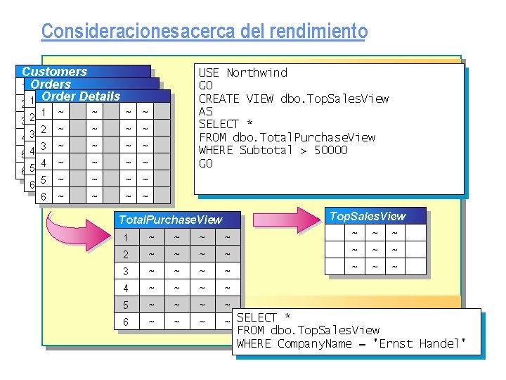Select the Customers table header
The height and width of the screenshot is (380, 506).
55,72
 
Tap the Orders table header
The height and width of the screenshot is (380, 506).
51,84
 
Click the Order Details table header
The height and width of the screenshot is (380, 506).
81,96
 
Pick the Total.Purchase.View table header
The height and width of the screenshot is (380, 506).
170,220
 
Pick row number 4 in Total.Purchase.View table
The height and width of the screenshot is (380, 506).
126,288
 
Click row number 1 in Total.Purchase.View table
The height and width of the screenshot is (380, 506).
126,238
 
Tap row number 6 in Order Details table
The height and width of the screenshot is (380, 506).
44,196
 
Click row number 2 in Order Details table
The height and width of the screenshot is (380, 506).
44,129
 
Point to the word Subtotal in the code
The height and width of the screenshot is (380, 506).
260,150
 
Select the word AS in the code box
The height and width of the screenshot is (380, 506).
206,111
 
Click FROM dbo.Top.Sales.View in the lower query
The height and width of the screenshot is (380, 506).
308,330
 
